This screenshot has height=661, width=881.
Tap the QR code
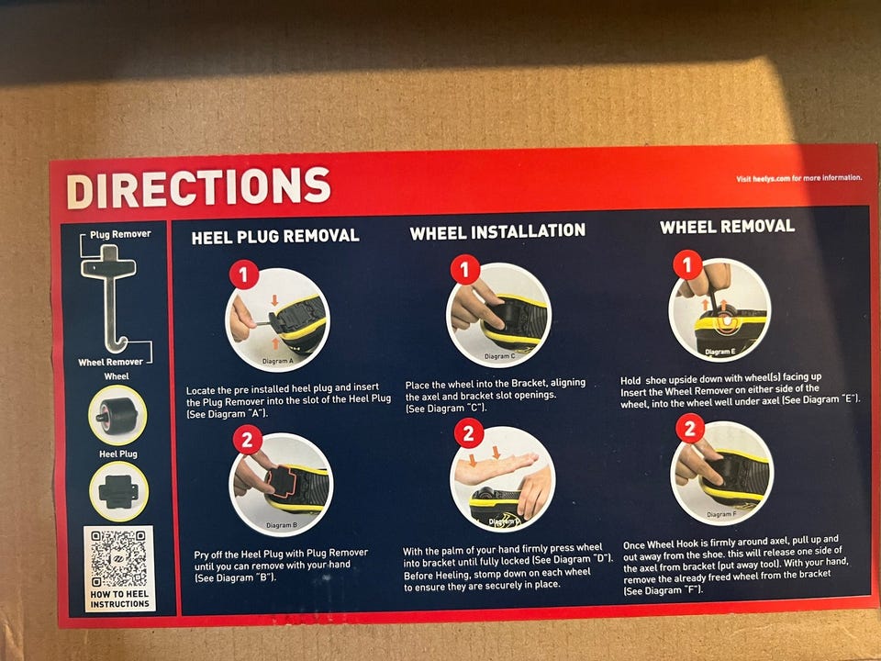119,558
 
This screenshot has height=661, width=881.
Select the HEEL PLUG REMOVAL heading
275,237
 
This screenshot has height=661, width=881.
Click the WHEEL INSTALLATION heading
497,231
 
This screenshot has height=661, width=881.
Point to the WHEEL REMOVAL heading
727,227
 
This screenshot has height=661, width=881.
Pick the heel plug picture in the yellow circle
118,492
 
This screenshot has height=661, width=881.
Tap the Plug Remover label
120,234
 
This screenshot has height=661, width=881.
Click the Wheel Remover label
111,362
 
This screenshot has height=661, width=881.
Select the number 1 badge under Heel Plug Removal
244,274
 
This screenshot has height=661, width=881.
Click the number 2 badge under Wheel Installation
469,433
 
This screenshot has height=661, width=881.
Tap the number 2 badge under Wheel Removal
690,429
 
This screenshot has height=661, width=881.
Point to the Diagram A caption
277,362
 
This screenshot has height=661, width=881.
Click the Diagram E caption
719,352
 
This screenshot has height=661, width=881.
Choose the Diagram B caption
282,525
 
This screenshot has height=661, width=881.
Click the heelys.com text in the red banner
771,179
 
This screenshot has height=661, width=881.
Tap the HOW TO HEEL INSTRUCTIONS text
119,599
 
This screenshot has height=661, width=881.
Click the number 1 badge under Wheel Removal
687,264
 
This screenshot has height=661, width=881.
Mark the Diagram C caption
499,356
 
